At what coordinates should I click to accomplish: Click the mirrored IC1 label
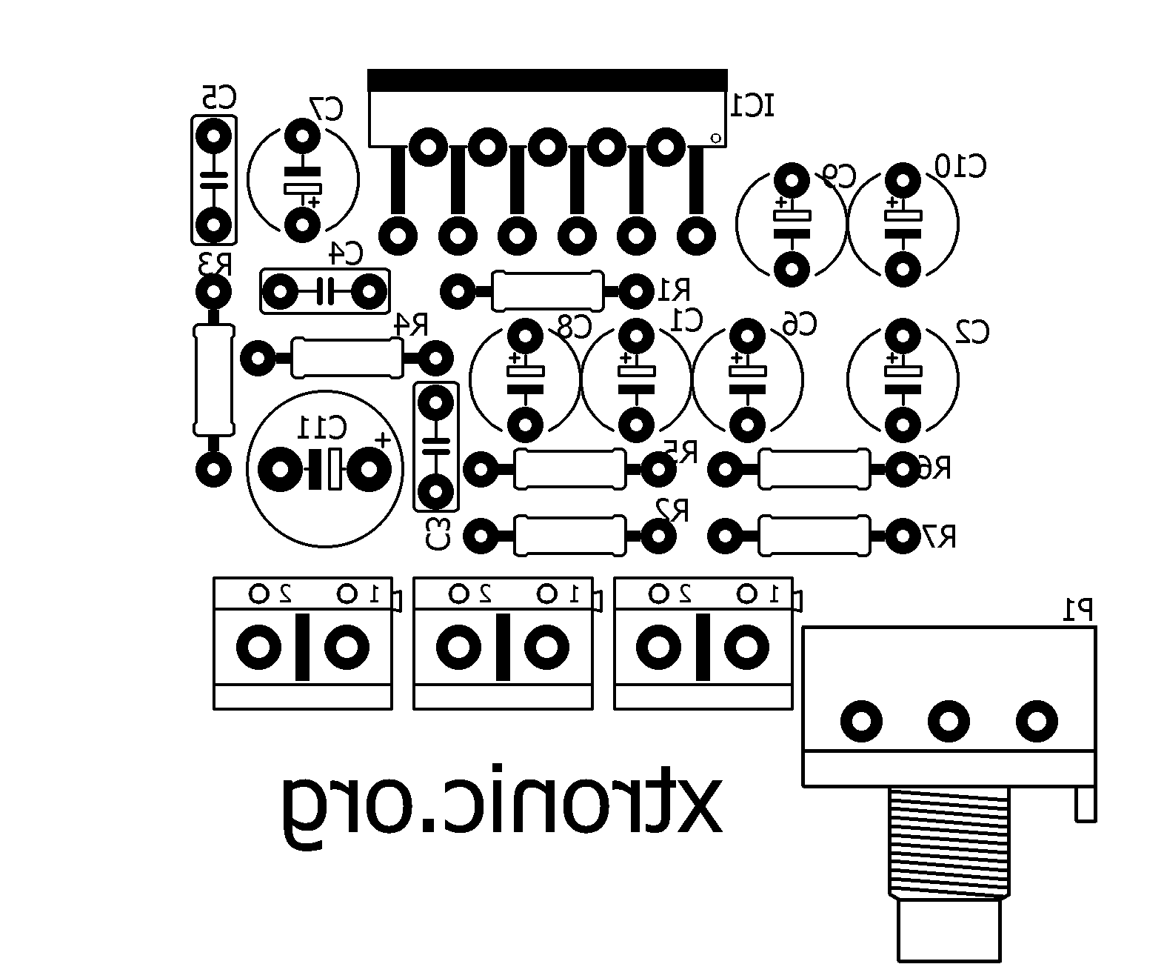pyautogui.click(x=752, y=105)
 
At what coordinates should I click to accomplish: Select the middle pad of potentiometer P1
pyautogui.click(x=949, y=720)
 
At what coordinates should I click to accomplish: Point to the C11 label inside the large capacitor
pyautogui.click(x=321, y=428)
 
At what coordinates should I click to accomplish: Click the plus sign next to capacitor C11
pyautogui.click(x=382, y=439)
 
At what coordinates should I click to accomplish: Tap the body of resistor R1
pyautogui.click(x=547, y=291)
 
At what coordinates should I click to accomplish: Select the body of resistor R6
pyautogui.click(x=813, y=469)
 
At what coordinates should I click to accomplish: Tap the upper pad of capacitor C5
pyautogui.click(x=213, y=136)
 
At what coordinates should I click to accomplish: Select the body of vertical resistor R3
pyautogui.click(x=213, y=380)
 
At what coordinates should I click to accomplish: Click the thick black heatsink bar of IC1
pyautogui.click(x=546, y=80)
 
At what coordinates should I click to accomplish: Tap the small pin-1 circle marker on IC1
pyautogui.click(x=715, y=137)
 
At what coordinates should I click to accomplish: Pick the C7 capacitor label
pyautogui.click(x=327, y=109)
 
